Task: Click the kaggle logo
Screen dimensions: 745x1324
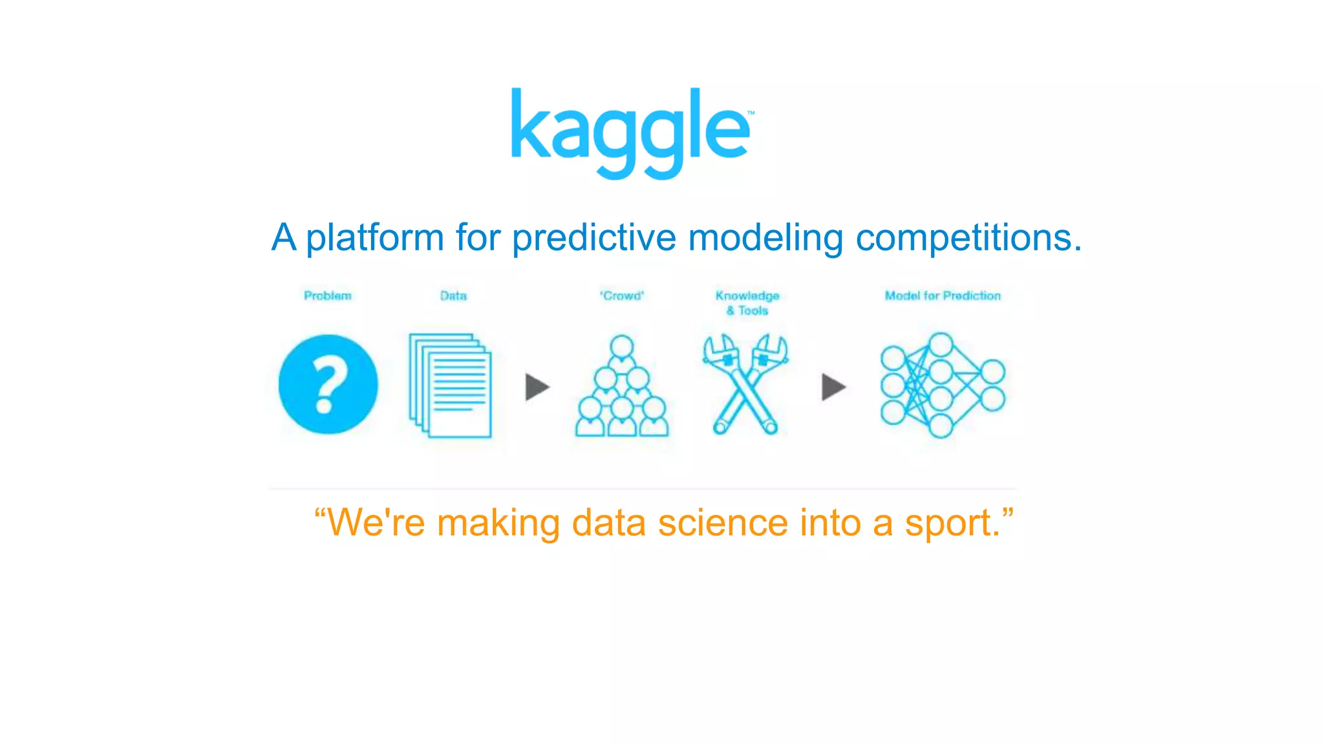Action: [631, 133]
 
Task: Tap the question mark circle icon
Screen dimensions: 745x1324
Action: [328, 384]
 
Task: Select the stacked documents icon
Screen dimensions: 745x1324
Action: [451, 385]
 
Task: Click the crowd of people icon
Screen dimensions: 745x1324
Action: [622, 387]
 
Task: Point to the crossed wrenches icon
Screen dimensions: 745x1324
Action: [745, 384]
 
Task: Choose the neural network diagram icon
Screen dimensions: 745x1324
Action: [942, 385]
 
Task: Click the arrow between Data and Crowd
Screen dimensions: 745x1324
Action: [537, 387]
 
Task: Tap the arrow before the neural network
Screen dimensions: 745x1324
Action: [833, 387]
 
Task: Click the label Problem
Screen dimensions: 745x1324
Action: [328, 296]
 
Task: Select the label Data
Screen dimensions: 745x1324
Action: [453, 296]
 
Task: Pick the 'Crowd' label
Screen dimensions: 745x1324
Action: [622, 296]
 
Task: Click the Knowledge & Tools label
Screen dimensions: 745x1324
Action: [747, 303]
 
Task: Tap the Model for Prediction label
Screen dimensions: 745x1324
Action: [943, 296]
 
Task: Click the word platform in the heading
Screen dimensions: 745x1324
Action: [375, 238]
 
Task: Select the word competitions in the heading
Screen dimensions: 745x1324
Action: [968, 238]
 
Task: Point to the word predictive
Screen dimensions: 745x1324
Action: [594, 238]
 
